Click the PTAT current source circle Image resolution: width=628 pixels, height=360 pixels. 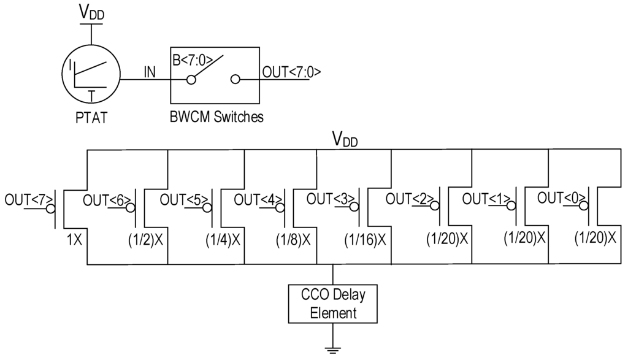tap(91, 78)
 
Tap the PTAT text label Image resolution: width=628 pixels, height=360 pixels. tap(91, 117)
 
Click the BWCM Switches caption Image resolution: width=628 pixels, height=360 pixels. tap(216, 117)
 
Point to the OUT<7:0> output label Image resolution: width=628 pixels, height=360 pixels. tap(291, 72)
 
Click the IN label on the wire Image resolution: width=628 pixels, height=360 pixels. tap(150, 72)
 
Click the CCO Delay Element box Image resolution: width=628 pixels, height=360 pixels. tap(333, 304)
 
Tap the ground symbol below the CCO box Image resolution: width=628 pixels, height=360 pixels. tap(333, 350)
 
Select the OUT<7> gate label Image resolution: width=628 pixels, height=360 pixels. tap(25, 200)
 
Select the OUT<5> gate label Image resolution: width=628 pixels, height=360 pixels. tap(180, 199)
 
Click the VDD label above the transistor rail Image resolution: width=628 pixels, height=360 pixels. tap(345, 140)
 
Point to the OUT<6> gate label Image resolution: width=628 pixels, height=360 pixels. tap(104, 199)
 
